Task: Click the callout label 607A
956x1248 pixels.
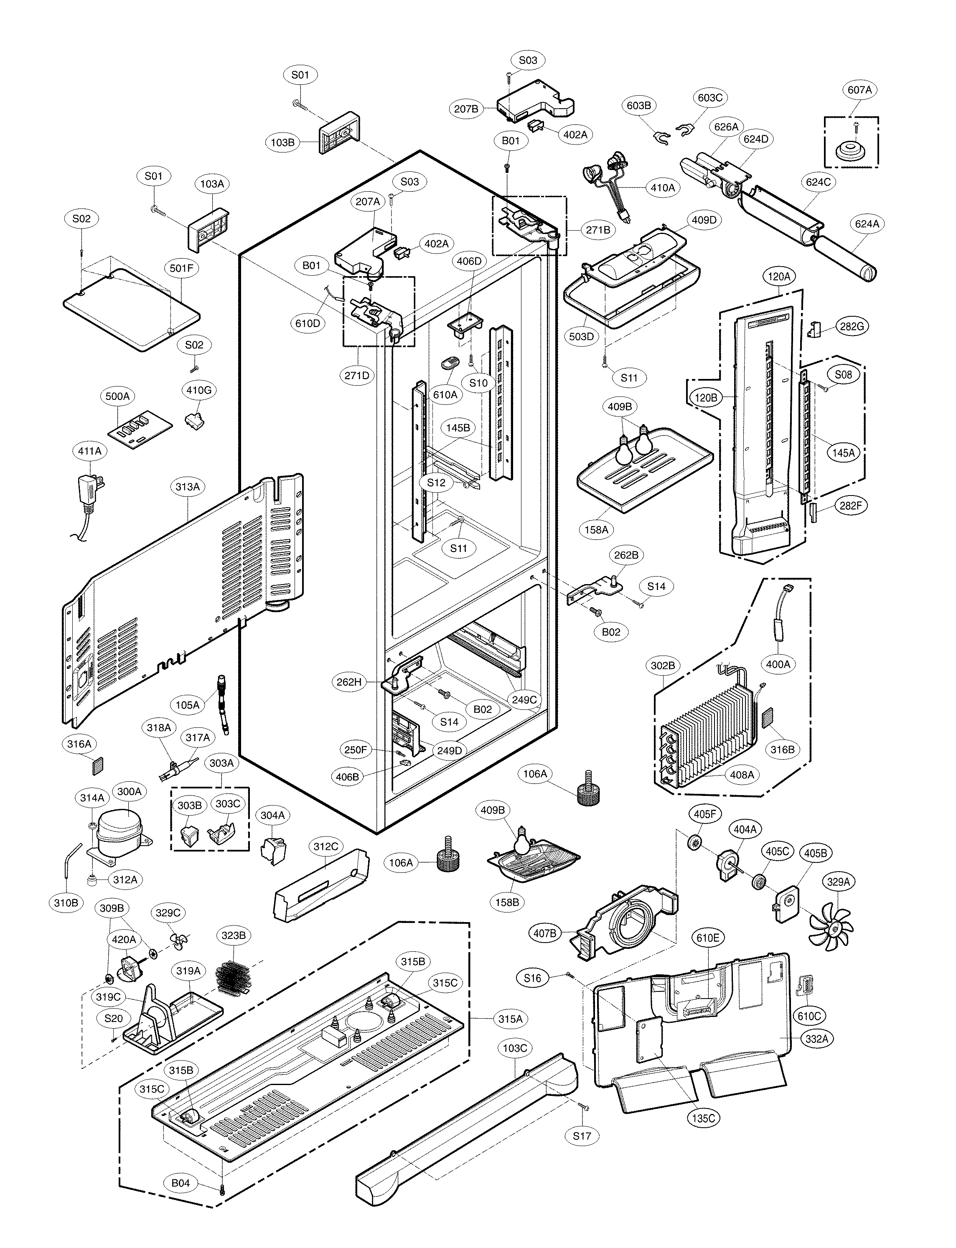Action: pos(859,90)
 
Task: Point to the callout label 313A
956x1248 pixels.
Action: pos(188,487)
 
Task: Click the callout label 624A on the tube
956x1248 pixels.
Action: pos(867,224)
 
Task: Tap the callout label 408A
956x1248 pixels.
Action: pos(742,775)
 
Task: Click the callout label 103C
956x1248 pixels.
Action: pos(515,1048)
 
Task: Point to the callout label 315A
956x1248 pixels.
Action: pos(511,1019)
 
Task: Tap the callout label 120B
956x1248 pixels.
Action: pos(706,398)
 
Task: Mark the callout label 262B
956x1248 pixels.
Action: pos(626,555)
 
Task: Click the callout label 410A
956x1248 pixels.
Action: pos(662,187)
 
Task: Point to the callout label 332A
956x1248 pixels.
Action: pos(816,1039)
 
